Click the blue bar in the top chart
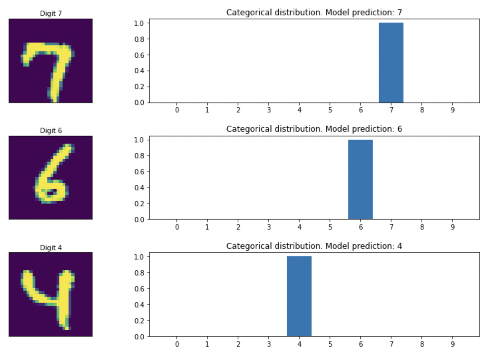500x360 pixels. pyautogui.click(x=391, y=63)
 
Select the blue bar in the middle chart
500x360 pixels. pyautogui.click(x=360, y=179)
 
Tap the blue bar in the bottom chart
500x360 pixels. pyautogui.click(x=299, y=296)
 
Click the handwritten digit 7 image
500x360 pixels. pyautogui.click(x=51, y=61)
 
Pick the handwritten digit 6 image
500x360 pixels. pyautogui.click(x=51, y=178)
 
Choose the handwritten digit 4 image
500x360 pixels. pyautogui.click(x=51, y=294)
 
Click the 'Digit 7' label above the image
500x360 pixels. pyautogui.click(x=51, y=13)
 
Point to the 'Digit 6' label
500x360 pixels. pyautogui.click(x=51, y=130)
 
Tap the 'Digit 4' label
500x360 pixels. pyautogui.click(x=51, y=248)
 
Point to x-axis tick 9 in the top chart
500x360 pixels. pyautogui.click(x=452, y=110)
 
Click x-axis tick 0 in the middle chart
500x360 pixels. pyautogui.click(x=177, y=227)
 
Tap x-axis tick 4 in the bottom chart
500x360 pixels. pyautogui.click(x=299, y=344)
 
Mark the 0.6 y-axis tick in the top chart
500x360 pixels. pyautogui.click(x=139, y=55)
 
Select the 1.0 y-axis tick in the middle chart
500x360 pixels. pyautogui.click(x=139, y=140)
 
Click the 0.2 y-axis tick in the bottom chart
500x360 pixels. pyautogui.click(x=139, y=320)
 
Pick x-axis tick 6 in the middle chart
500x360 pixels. pyautogui.click(x=361, y=227)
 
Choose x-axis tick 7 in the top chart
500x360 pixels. pyautogui.click(x=391, y=110)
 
